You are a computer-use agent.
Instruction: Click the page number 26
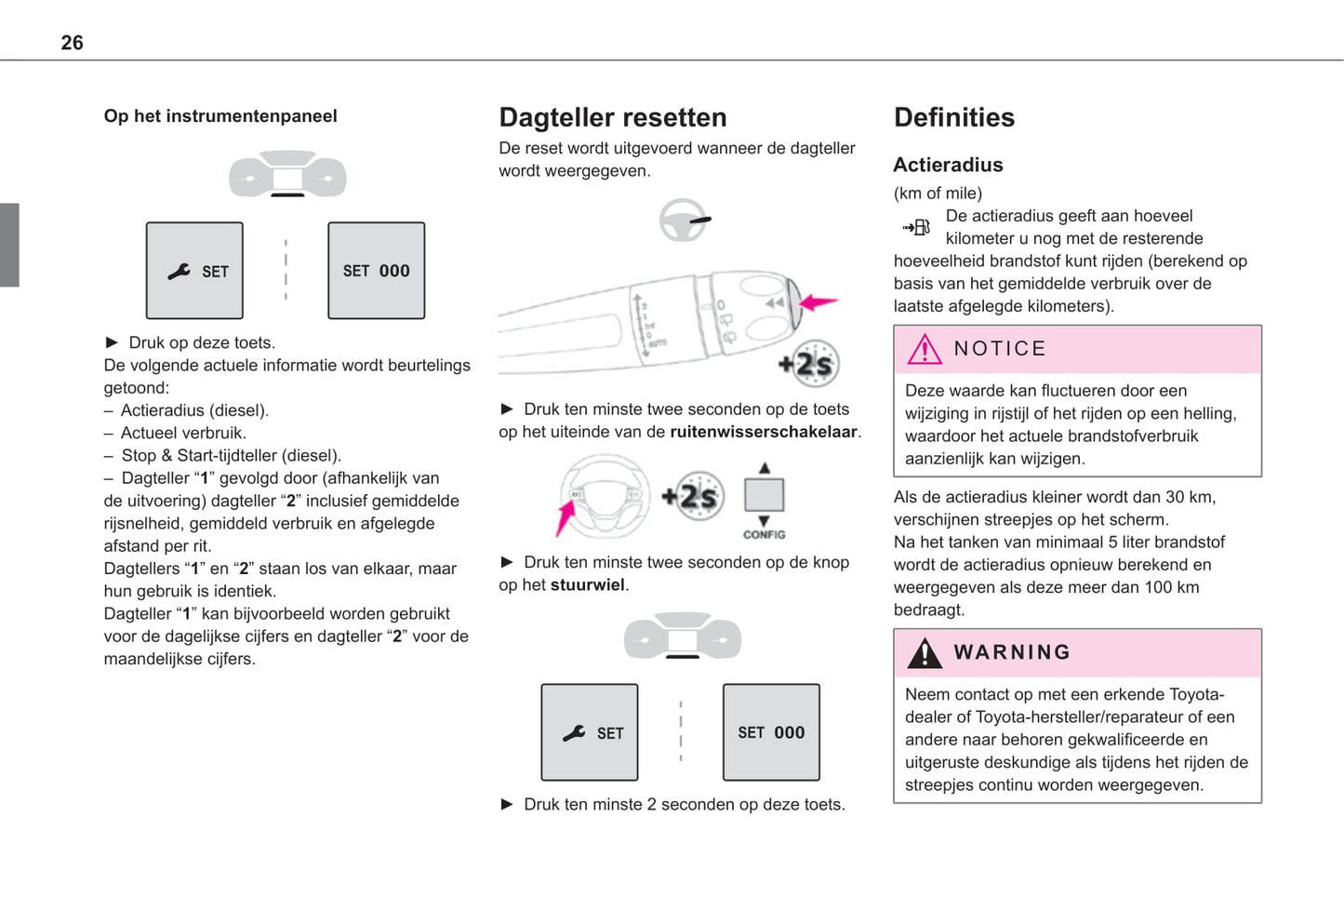[72, 43]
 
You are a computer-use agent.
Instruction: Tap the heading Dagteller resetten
[612, 117]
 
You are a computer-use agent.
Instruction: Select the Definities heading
[953, 117]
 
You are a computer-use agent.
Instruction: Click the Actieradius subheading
[947, 165]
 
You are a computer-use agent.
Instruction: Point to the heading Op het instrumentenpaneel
[220, 116]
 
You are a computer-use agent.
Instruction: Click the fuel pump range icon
[916, 227]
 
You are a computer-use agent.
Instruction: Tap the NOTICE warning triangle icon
[924, 350]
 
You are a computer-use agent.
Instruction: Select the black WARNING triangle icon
[924, 653]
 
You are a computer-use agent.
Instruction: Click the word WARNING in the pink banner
[1011, 652]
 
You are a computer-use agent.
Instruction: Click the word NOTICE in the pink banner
[999, 349]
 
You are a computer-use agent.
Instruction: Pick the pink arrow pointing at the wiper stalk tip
[818, 302]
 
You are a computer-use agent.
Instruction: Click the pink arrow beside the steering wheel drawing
[565, 516]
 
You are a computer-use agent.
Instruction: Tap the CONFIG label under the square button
[764, 535]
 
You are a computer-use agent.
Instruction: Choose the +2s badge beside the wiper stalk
[809, 364]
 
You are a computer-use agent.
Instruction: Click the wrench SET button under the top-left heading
[194, 271]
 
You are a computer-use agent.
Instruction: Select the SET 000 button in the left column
[376, 271]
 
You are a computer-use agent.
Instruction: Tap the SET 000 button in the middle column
[771, 732]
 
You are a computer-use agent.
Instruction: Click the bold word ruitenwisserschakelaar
[763, 432]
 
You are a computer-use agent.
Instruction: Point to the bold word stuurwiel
[587, 585]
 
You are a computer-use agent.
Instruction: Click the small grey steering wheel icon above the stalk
[684, 221]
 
